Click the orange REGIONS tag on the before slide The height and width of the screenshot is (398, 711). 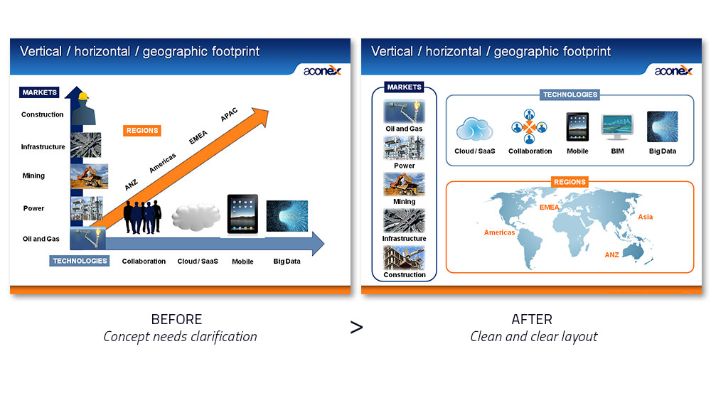point(142,131)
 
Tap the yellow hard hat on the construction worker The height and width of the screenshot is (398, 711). point(83,96)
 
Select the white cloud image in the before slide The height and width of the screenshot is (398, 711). point(196,217)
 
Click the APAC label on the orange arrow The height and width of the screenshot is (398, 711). point(229,114)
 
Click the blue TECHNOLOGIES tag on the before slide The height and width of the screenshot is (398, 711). point(80,261)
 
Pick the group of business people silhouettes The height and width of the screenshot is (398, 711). point(142,217)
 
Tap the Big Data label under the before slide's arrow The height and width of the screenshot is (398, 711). point(287,262)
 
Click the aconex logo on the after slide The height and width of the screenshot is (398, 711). point(673,70)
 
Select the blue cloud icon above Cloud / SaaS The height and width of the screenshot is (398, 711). point(474,129)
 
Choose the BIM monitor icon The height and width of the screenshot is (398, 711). point(617,127)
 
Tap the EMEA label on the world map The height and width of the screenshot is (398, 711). point(549,207)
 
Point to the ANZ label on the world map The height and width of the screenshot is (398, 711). point(611,254)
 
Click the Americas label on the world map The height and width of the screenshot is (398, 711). point(499,232)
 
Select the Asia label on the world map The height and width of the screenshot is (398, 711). point(646,217)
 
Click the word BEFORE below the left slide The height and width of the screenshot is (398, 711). point(176,320)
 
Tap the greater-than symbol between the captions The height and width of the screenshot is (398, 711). point(356,328)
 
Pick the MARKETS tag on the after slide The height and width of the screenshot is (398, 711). point(404,87)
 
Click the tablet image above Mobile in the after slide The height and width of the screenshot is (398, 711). point(577,127)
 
